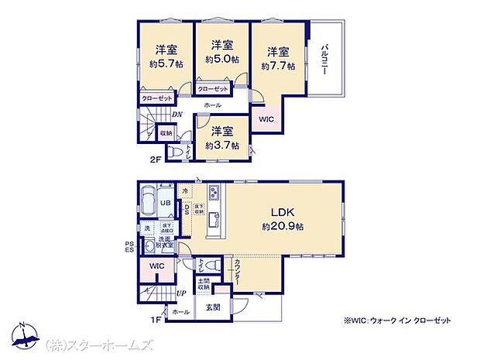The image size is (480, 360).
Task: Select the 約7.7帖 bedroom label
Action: [x=279, y=67]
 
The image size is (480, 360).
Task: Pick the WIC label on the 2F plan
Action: [x=266, y=120]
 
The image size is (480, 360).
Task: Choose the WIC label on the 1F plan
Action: [x=157, y=266]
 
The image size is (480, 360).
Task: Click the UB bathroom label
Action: [x=165, y=203]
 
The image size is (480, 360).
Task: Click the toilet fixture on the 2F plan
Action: [x=178, y=153]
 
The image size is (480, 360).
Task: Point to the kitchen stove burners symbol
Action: [x=215, y=194]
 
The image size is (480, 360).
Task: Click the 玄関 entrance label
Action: [x=213, y=307]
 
